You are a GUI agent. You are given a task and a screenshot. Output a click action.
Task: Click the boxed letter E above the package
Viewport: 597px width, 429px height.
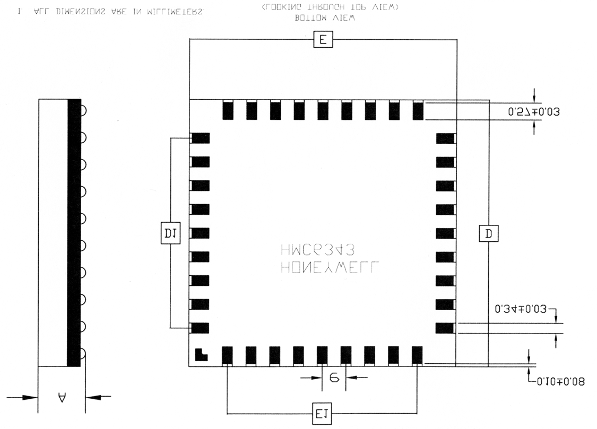coord(323,40)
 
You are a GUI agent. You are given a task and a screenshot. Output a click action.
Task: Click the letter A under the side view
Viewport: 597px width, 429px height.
coord(62,397)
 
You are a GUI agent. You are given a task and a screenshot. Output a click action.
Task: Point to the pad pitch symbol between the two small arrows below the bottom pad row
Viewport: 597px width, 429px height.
coord(334,378)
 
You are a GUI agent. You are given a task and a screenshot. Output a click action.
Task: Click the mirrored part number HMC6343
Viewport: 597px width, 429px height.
coord(314,250)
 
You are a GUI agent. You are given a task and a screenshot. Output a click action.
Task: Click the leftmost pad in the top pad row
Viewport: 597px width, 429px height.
coord(228,110)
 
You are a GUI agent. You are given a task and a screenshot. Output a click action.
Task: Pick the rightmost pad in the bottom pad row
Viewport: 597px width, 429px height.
coord(417,356)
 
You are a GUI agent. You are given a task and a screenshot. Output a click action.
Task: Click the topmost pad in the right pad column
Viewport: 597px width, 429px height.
coord(445,138)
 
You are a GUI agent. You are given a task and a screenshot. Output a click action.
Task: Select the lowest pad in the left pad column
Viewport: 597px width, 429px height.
coord(200,328)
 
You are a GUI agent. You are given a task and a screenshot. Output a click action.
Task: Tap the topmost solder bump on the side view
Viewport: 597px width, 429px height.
coord(82,111)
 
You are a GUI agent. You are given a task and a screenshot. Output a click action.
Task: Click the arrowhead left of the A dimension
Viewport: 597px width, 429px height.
coord(31,397)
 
